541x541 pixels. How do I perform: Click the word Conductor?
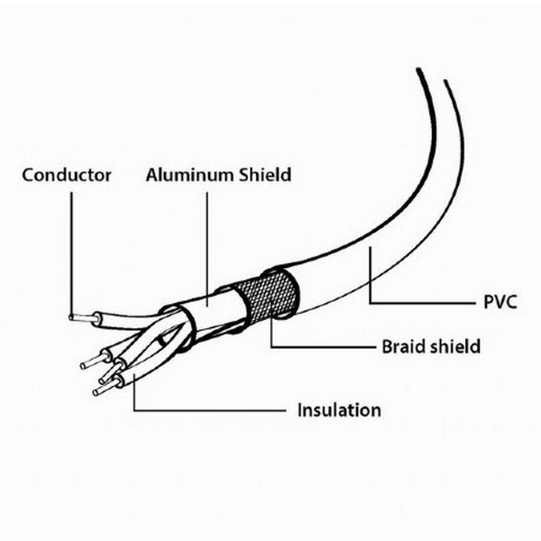pos(67,175)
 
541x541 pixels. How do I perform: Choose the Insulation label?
pos(338,410)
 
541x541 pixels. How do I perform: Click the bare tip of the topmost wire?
pos(79,317)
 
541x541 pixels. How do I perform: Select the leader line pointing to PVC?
pos(424,301)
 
